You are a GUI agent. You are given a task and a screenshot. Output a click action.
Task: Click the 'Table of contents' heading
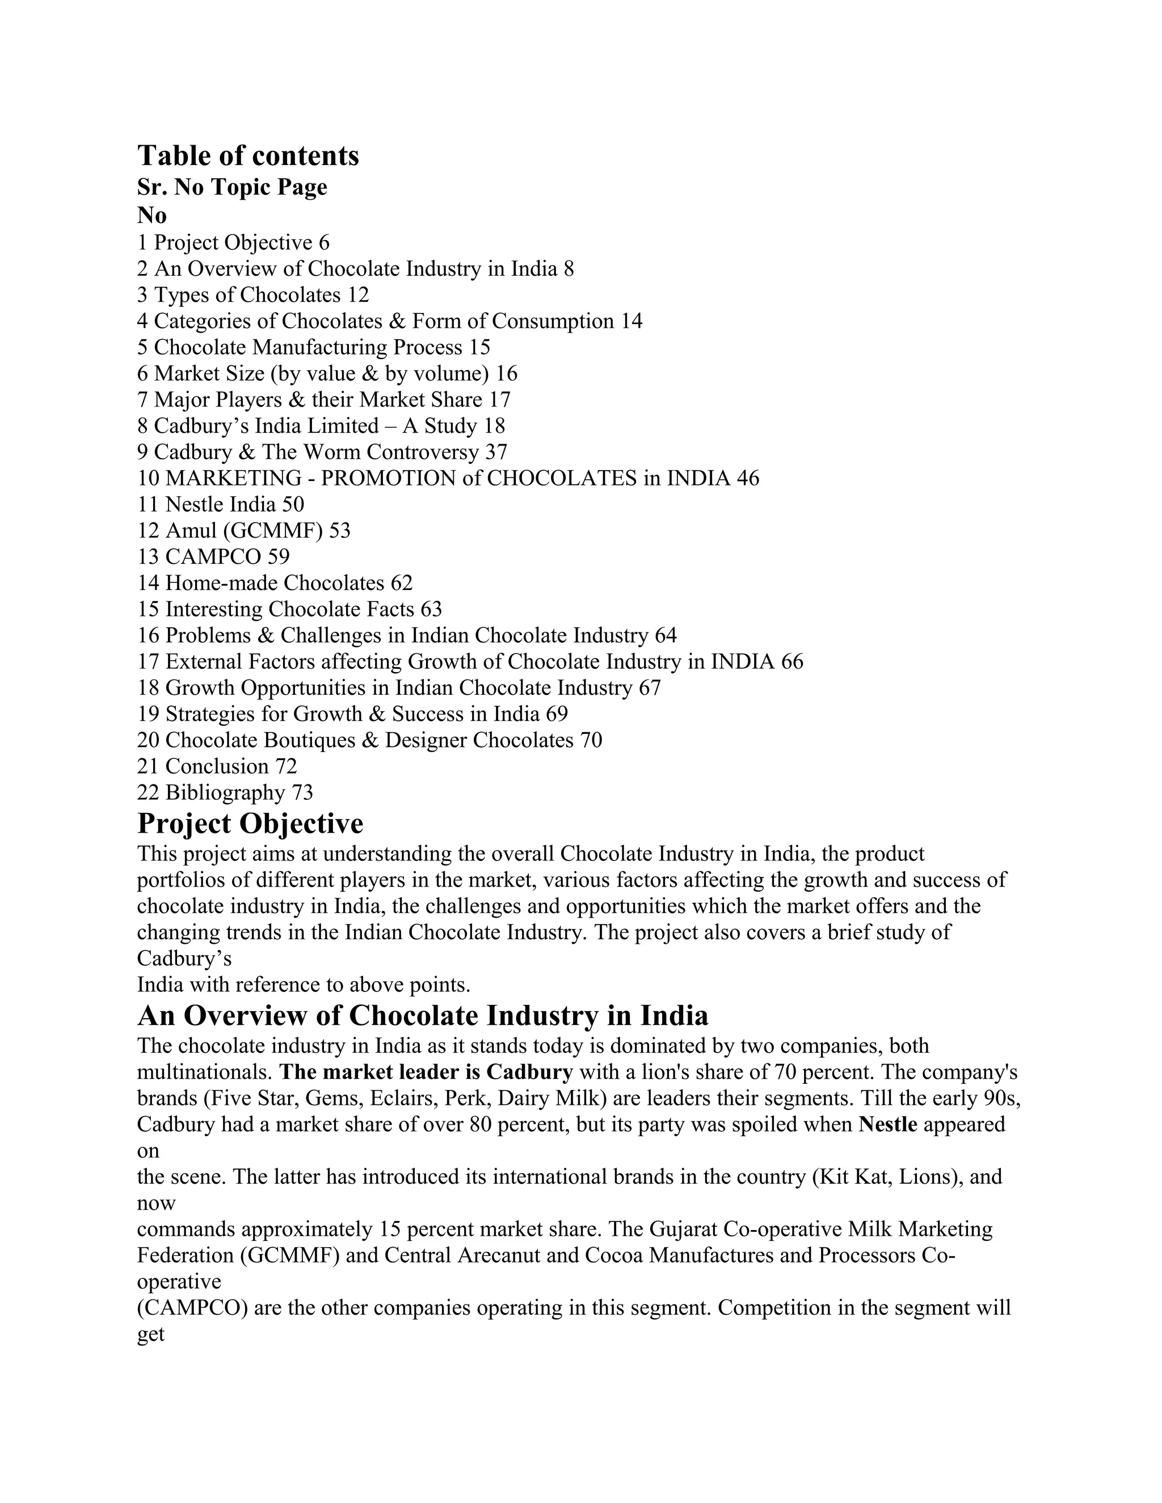pyautogui.click(x=248, y=156)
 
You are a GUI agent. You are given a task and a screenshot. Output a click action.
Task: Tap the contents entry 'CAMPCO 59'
pyautogui.click(x=213, y=557)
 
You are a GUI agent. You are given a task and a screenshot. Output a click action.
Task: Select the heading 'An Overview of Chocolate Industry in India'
pyautogui.click(x=422, y=1016)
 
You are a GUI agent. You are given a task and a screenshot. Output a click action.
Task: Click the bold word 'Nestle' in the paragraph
pyautogui.click(x=888, y=1125)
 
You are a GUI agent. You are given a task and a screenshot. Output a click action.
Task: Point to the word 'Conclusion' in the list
pyautogui.click(x=217, y=767)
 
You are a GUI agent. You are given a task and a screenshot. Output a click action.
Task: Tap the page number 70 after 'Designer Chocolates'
pyautogui.click(x=591, y=741)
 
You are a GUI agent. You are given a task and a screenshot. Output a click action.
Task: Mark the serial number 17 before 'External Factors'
pyautogui.click(x=148, y=662)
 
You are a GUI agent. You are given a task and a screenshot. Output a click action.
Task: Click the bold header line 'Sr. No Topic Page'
pyautogui.click(x=232, y=187)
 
